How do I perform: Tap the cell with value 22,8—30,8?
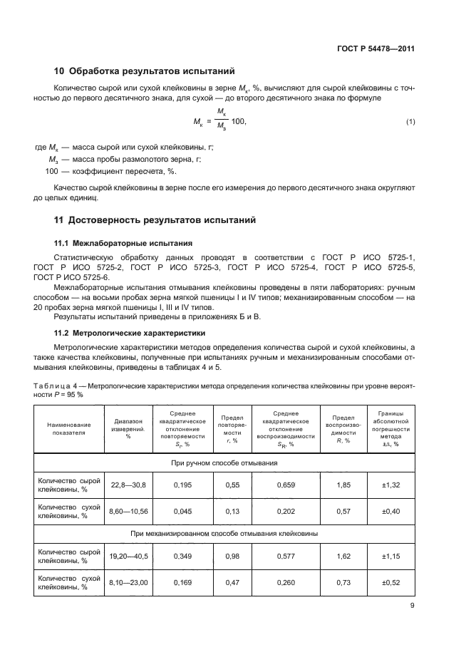point(128,485)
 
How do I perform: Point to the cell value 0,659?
point(284,485)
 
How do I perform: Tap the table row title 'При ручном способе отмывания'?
point(224,463)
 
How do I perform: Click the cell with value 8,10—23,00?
point(128,582)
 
